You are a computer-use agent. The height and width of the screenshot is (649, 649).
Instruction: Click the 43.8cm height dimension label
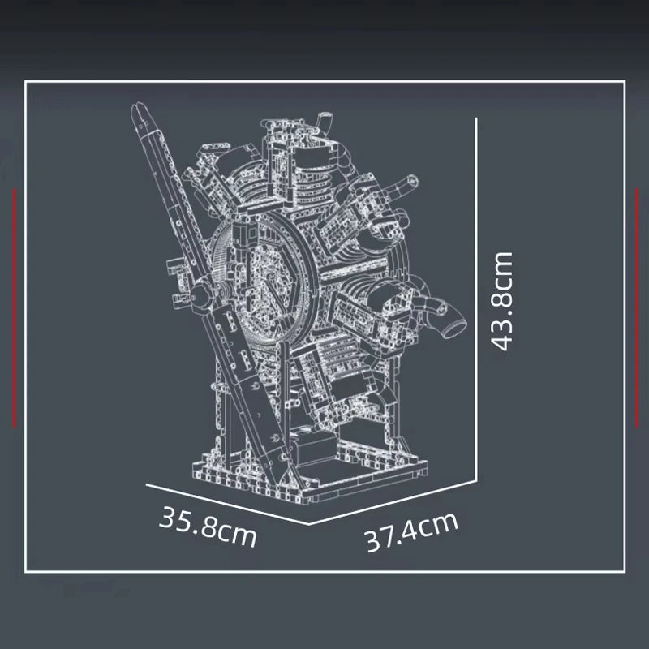click(503, 301)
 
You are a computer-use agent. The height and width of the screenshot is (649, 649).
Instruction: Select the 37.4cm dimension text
click(410, 532)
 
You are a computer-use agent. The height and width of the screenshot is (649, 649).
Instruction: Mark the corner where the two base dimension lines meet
click(309, 523)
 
